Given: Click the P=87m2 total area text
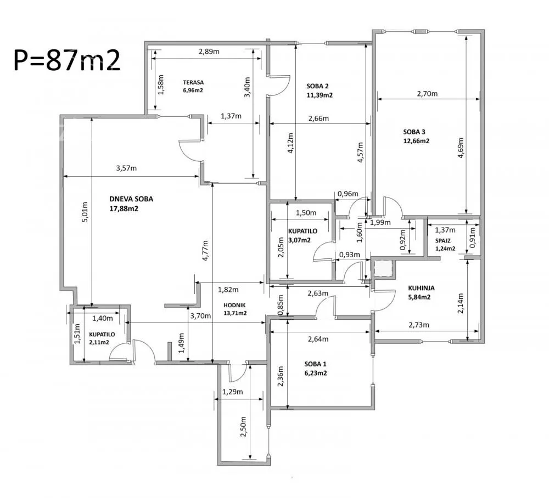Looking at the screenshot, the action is (x=67, y=60).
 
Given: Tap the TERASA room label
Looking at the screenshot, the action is (x=193, y=82).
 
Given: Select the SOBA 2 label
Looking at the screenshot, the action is (x=317, y=86).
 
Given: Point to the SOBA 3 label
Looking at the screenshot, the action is (x=414, y=132).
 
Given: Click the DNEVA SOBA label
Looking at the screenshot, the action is (x=131, y=199).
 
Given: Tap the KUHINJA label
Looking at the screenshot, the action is (x=422, y=288).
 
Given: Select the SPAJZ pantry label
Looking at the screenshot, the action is (x=443, y=241).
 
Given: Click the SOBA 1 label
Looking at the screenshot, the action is (x=316, y=364).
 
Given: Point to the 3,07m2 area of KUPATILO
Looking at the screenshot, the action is (x=299, y=240).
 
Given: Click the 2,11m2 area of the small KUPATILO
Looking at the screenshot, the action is (x=99, y=342).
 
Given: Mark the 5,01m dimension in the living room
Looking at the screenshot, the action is (x=85, y=212).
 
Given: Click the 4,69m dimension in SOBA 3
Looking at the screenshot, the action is (x=461, y=148).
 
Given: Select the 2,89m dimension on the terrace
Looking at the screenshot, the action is (x=209, y=52).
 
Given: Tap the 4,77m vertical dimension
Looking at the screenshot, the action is (x=205, y=251).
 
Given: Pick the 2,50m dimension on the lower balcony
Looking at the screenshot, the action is (x=243, y=426).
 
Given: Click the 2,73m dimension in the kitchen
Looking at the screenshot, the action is (x=419, y=325).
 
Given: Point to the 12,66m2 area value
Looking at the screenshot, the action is (x=416, y=141).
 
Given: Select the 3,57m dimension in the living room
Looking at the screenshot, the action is (x=126, y=168).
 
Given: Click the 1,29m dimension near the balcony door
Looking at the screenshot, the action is (x=232, y=392).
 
